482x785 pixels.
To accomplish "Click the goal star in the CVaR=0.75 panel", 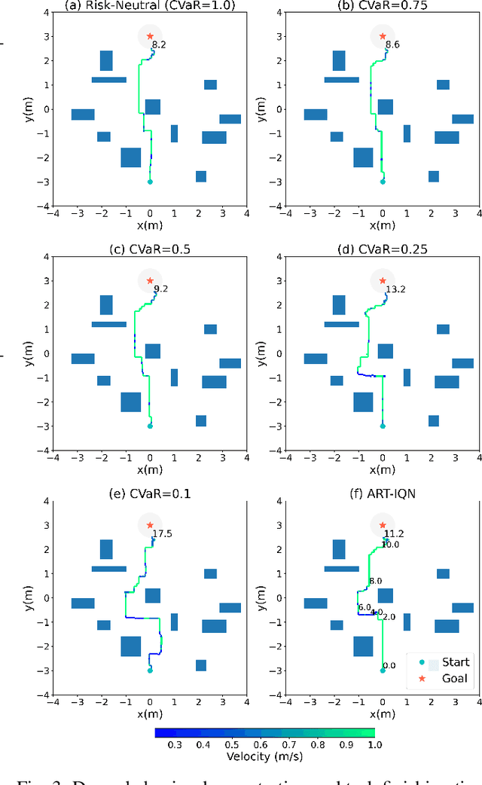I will (x=383, y=35).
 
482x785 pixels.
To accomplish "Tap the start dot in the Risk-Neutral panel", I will (x=150, y=182).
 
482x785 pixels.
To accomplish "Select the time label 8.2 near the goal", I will (x=159, y=45).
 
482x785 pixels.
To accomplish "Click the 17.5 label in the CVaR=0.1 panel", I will (x=163, y=534).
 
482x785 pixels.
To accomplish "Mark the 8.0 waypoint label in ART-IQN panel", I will (x=376, y=581).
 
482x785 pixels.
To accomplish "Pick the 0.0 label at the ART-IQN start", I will (x=389, y=665).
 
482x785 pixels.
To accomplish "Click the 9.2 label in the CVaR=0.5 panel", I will (x=161, y=289).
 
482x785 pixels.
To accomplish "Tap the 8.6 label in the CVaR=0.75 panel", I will (x=392, y=45).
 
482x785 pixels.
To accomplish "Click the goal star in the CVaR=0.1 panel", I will (x=150, y=525).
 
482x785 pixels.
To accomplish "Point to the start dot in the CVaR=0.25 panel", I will (x=383, y=426).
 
